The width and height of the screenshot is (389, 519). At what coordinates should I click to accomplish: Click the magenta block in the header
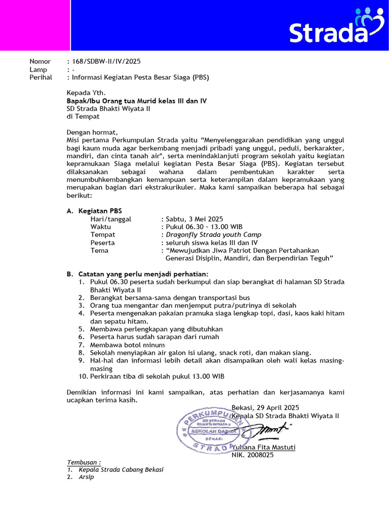34,25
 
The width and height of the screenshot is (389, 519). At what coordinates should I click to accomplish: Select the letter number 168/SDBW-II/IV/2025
107,61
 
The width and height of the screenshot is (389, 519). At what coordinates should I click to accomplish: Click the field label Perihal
41,78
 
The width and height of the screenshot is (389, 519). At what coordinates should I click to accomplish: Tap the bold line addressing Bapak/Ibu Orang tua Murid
137,101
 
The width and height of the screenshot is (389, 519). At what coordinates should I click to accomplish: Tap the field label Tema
99,250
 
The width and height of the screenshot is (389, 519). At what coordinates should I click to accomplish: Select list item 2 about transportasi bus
170,298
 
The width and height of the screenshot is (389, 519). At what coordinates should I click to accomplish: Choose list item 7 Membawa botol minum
123,345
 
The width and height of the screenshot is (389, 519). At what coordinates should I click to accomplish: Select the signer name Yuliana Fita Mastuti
263,447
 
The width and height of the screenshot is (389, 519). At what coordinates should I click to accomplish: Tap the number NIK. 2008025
252,455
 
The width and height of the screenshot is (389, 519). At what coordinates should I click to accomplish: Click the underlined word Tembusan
84,462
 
